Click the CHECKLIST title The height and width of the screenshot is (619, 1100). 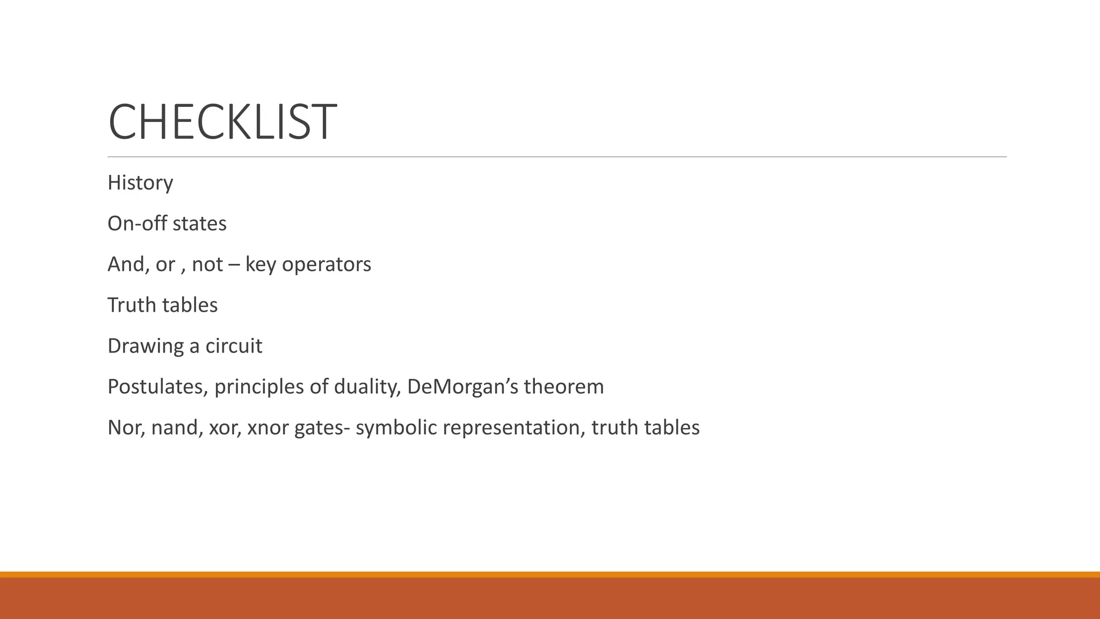pyautogui.click(x=222, y=122)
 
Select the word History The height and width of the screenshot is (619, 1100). pyautogui.click(x=140, y=183)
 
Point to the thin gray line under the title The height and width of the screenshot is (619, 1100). pyautogui.click(x=557, y=157)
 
